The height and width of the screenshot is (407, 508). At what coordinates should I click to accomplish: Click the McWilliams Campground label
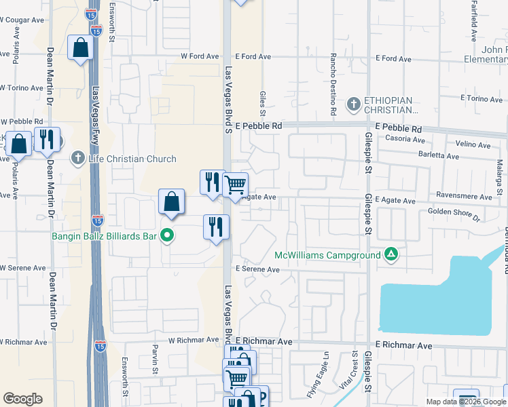(327, 256)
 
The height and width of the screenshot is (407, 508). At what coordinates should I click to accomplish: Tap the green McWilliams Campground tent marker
(391, 255)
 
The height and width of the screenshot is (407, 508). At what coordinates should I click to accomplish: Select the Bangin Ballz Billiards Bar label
(105, 237)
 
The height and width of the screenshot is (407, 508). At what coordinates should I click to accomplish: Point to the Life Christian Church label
(132, 159)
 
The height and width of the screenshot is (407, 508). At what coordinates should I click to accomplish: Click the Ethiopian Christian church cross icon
(353, 104)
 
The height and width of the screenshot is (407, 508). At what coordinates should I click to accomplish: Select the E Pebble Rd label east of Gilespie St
(398, 128)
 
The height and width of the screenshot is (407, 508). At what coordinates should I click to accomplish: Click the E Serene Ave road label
(257, 269)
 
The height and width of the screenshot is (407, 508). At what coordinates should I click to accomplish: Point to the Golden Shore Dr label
(454, 215)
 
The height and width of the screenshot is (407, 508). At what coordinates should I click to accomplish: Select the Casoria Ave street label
(405, 139)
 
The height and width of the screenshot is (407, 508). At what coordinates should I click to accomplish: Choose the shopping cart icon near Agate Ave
(235, 184)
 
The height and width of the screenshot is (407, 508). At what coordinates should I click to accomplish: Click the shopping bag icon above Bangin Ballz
(172, 201)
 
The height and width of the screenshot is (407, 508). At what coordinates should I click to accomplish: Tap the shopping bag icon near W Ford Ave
(80, 48)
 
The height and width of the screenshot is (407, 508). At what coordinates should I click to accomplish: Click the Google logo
(22, 399)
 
